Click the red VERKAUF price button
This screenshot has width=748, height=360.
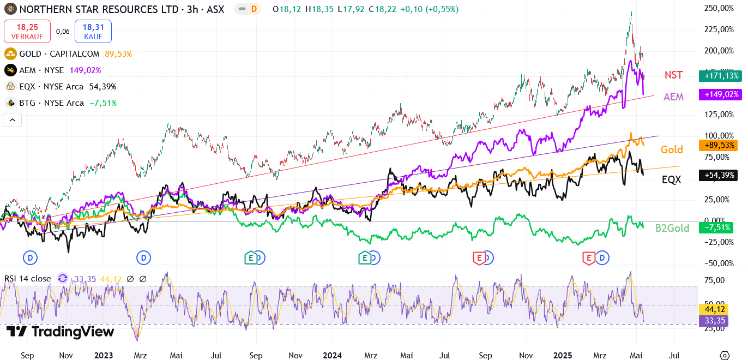[27, 31]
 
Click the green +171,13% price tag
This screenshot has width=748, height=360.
[720, 76]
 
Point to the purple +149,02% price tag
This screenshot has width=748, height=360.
[720, 94]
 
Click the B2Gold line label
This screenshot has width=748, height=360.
[672, 228]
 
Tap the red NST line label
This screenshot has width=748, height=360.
[673, 75]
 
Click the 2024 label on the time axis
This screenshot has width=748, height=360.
[332, 355]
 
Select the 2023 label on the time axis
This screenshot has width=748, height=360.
[103, 355]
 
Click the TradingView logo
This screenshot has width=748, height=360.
[61, 332]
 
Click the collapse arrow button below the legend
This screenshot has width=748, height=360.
[12, 120]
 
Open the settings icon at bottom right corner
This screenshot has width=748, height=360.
[724, 355]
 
